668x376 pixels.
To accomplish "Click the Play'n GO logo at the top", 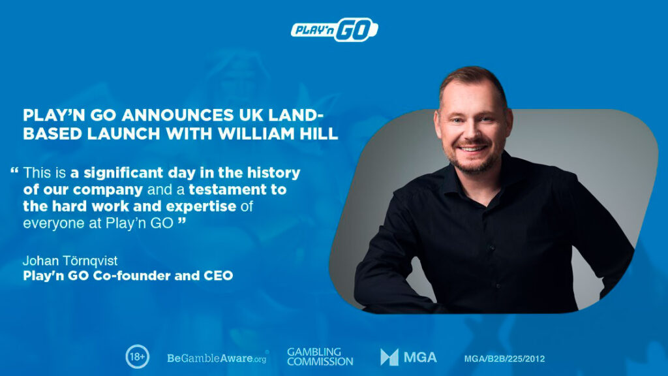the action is [335, 29].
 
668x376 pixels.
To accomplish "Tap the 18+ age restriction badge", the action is [137, 356].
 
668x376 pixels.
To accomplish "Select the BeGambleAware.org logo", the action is [218, 358].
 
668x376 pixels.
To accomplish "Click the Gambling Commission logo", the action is [320, 357].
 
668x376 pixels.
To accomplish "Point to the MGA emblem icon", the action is [389, 357].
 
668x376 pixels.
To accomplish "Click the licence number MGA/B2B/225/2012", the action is [504, 359].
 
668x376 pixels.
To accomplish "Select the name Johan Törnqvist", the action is [70, 260].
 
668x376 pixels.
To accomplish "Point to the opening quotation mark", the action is [14, 171].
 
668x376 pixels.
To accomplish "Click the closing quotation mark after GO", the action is [182, 221].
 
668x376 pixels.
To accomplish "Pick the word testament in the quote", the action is [228, 190].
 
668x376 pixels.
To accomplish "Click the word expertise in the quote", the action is [201, 207].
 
